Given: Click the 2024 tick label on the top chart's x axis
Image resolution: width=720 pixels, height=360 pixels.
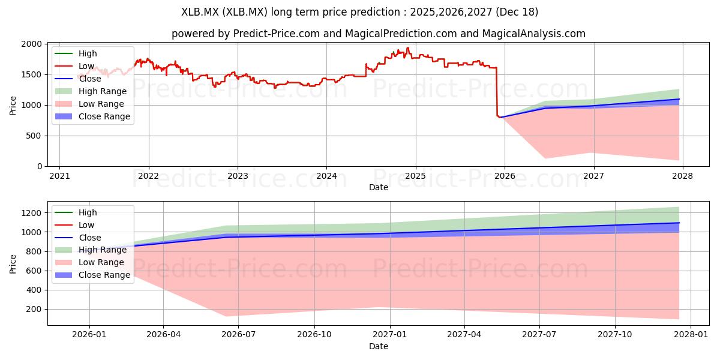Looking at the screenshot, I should point(326,176).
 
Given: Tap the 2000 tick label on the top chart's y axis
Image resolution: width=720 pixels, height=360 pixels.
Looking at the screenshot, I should point(32,44).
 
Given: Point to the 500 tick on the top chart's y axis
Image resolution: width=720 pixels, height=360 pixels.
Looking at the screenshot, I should point(35,136).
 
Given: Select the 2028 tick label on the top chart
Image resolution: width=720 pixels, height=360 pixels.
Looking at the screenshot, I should point(682,176).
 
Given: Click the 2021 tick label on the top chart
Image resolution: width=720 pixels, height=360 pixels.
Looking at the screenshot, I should point(59,176).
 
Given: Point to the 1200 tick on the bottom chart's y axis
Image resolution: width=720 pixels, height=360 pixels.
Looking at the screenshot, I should point(32,213).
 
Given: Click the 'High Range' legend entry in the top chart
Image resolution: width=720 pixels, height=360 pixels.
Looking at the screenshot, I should point(102,91).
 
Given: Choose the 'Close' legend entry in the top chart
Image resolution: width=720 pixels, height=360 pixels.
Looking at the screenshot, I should point(90,79).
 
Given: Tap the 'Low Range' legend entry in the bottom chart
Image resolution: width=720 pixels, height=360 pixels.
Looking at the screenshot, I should point(101,262).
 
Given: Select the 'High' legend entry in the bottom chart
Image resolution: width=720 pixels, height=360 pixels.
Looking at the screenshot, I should point(88,212).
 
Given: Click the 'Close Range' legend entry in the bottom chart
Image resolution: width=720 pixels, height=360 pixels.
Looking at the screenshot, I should point(104,275).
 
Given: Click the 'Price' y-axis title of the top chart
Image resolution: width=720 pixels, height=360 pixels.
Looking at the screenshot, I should point(13,105).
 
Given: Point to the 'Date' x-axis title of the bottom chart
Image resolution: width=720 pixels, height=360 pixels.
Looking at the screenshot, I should point(378,346).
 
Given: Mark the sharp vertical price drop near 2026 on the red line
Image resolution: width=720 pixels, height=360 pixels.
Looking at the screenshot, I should point(497,90).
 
